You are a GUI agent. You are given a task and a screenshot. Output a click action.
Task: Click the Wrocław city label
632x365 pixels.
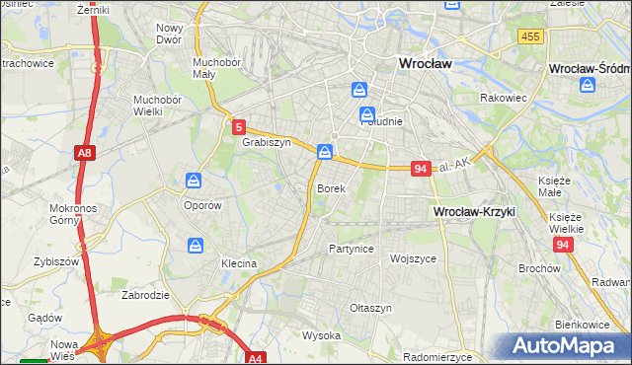[x=424, y=63]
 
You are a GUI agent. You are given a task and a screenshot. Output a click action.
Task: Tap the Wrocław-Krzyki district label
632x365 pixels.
[x=474, y=212]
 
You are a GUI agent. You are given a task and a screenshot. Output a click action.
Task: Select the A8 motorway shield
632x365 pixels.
[x=85, y=152]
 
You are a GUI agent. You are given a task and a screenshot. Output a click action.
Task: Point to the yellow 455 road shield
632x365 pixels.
[x=529, y=36]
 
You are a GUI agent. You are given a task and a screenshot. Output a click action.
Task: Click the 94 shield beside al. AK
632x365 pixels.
[x=421, y=169]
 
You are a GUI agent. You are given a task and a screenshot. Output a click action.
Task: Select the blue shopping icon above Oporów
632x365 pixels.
[x=193, y=181]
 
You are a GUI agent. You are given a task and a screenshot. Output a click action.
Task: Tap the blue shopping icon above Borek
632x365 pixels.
[x=325, y=152]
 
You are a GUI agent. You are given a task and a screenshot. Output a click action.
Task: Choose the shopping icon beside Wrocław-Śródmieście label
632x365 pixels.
[x=588, y=86]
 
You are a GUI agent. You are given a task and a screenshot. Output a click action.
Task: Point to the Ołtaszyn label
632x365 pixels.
[x=370, y=308]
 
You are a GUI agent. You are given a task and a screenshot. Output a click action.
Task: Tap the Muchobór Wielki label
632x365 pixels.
[x=159, y=105]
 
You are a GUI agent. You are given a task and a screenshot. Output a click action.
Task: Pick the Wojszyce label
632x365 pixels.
[x=414, y=258]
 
